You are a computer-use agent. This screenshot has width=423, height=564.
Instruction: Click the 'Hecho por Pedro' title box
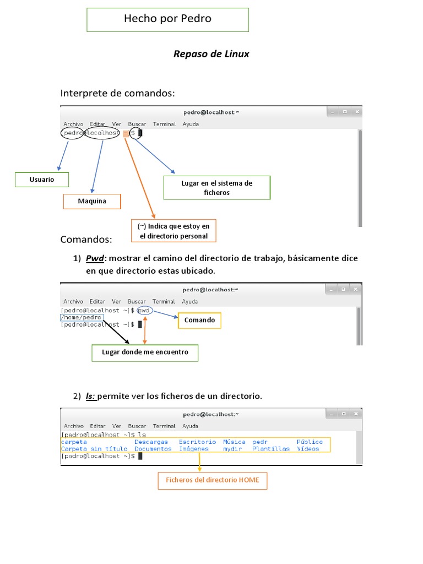coord(167,19)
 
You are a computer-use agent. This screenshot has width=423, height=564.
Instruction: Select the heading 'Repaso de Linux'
coord(211,54)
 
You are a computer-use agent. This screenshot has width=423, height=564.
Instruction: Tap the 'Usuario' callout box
coord(42,180)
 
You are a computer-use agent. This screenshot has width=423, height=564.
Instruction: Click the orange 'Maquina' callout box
coord(92,202)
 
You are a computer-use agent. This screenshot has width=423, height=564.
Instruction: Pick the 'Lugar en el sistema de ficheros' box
coord(217,188)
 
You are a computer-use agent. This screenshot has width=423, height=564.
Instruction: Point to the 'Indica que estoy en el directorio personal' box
coord(173,231)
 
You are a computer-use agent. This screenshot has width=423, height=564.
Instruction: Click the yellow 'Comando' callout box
coord(199,321)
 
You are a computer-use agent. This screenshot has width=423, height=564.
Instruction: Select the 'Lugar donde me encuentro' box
coord(145,352)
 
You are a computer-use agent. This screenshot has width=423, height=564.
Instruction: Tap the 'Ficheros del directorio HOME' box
coord(213,480)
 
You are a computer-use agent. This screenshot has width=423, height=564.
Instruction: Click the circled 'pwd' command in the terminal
coord(144,311)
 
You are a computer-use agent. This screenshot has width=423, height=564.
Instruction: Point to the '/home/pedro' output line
coord(82,317)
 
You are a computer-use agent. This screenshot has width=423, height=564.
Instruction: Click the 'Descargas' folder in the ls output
coord(151,442)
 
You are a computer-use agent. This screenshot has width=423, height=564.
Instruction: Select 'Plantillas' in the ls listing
coord(271,449)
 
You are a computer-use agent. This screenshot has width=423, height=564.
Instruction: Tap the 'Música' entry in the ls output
coord(234,442)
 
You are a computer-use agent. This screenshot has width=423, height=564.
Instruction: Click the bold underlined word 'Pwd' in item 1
coord(95,258)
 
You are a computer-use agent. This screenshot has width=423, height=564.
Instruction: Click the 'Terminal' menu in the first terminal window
coord(164,124)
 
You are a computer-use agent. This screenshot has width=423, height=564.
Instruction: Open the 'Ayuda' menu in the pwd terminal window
coord(190,301)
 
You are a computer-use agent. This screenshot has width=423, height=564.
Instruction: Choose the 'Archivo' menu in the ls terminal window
coord(73,426)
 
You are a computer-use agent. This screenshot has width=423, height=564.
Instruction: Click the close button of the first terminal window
coord(356,112)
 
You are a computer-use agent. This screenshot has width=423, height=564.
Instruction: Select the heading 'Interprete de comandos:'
coord(117,94)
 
